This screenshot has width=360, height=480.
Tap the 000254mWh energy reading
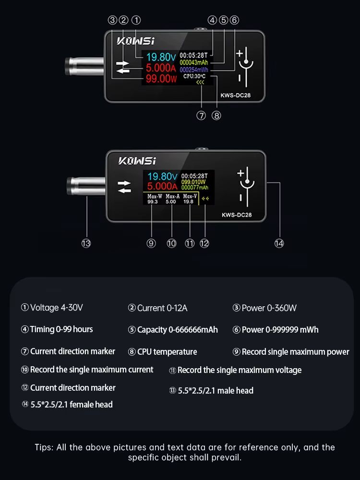pyautogui.click(x=194, y=70)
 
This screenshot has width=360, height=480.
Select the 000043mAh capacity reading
pyautogui.click(x=194, y=62)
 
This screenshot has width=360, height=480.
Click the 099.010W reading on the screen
pyautogui.click(x=194, y=182)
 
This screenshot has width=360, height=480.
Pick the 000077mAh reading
pyautogui.click(x=194, y=188)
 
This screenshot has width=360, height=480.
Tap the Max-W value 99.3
pyautogui.click(x=153, y=202)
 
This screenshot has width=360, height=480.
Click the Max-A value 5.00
pyautogui.click(x=171, y=202)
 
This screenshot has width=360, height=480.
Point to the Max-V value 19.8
pyautogui.click(x=188, y=202)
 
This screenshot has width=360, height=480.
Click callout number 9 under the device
pyautogui.click(x=152, y=243)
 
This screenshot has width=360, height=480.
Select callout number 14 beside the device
pyautogui.click(x=279, y=243)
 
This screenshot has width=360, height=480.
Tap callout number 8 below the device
pyautogui.click(x=216, y=116)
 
